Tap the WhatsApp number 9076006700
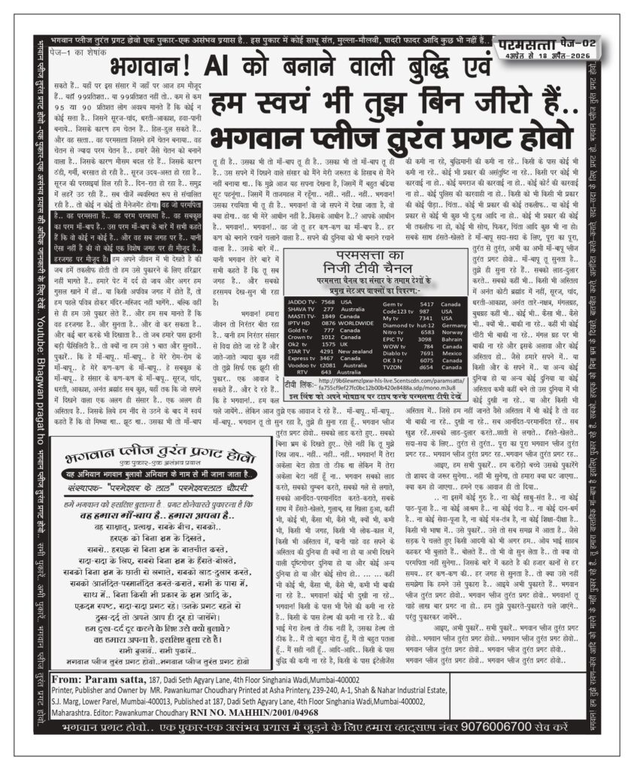point(536,729)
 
